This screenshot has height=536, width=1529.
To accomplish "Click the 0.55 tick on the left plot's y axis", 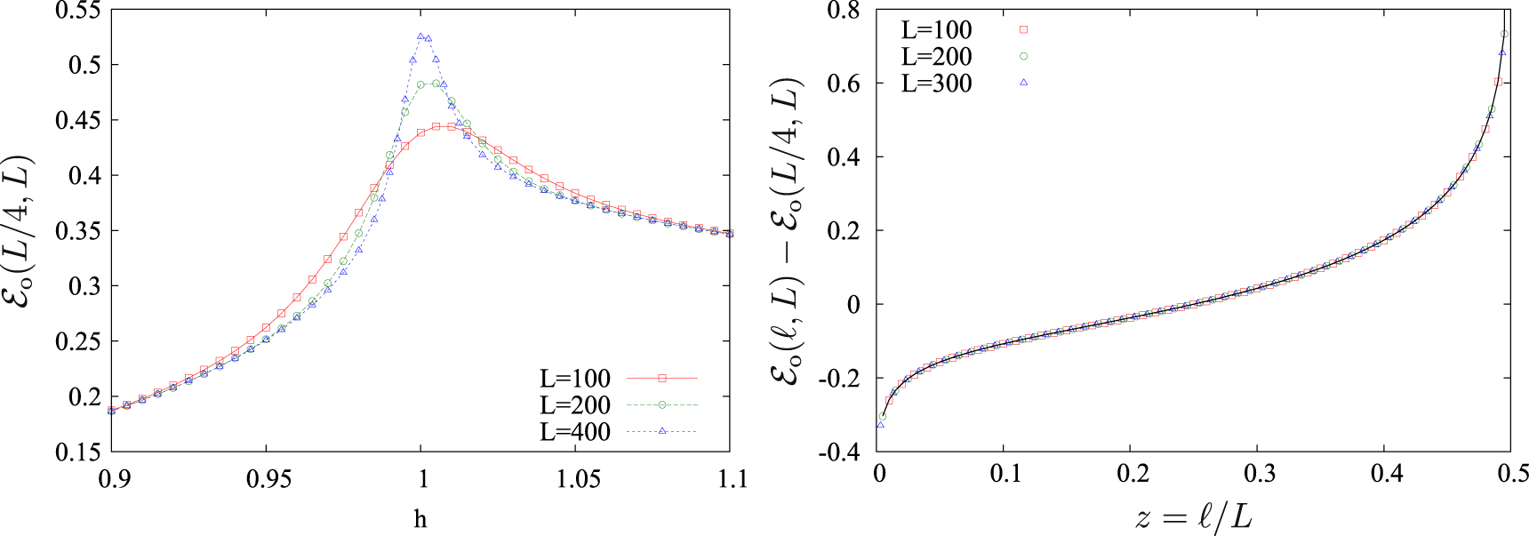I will click(78, 12).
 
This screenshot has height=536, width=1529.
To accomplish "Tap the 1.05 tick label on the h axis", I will click(578, 479).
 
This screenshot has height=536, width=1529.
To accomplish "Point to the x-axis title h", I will click(420, 519).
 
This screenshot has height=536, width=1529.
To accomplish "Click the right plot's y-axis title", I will click(788, 231).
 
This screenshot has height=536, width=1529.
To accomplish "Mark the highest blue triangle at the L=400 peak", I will click(420, 36).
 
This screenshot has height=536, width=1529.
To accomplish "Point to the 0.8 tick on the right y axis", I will click(843, 12).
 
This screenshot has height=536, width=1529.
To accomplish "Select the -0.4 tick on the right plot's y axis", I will click(839, 452).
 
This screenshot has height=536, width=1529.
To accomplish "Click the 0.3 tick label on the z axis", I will click(1260, 474).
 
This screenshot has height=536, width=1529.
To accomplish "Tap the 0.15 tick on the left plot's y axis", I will click(78, 452).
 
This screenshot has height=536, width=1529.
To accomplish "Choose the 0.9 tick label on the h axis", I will click(113, 479).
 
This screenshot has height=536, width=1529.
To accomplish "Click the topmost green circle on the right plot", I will click(1504, 34).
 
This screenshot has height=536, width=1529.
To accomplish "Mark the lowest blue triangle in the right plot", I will click(880, 425).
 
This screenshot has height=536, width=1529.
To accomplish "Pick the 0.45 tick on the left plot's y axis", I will click(78, 121).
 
